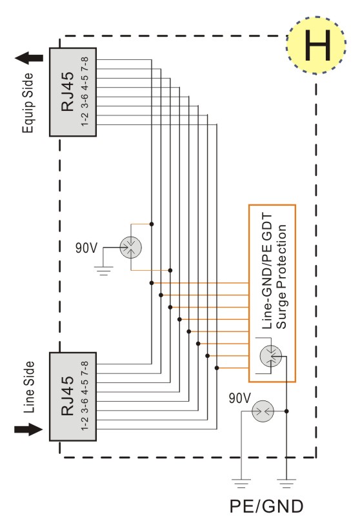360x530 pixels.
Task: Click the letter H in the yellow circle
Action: [x=317, y=45]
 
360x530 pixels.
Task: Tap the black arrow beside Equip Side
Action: [x=29, y=58]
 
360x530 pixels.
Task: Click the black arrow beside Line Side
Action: [x=29, y=429]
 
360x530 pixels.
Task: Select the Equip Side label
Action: [x=28, y=103]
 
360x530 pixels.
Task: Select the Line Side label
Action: [x=29, y=388]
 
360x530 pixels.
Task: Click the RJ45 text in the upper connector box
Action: [x=68, y=92]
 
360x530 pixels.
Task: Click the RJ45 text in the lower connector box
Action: [x=68, y=396]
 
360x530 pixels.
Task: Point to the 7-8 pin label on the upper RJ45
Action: [x=85, y=64]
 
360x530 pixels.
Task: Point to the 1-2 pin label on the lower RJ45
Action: [x=85, y=424]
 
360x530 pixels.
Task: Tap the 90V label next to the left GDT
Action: [x=86, y=248]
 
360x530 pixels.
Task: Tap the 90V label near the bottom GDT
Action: [x=240, y=398]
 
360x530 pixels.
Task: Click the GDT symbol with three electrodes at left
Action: [x=131, y=248]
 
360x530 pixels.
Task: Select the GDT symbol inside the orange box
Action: [x=271, y=357]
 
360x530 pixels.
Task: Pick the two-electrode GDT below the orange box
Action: [x=263, y=411]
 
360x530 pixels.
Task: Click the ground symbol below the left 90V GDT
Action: [x=103, y=271]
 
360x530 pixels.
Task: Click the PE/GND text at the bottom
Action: [x=266, y=507]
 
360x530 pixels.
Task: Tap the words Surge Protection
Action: [x=281, y=277]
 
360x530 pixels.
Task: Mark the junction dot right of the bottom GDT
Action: [x=286, y=411]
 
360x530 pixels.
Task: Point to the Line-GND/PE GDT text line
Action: [x=267, y=271]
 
